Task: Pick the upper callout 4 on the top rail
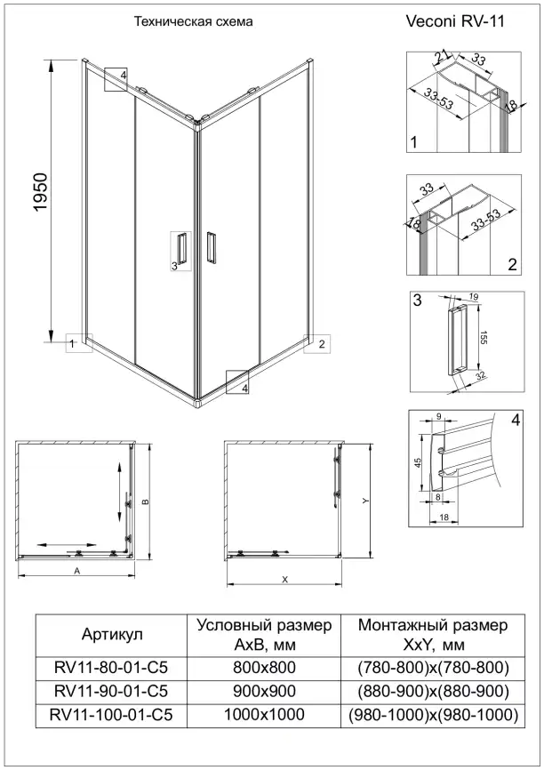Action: pyautogui.click(x=116, y=78)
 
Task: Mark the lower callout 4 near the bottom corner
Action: pyautogui.click(x=239, y=381)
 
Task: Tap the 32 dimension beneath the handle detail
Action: pyautogui.click(x=480, y=377)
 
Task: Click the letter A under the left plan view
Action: pyautogui.click(x=77, y=569)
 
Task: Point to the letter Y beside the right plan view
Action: pyautogui.click(x=365, y=501)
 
